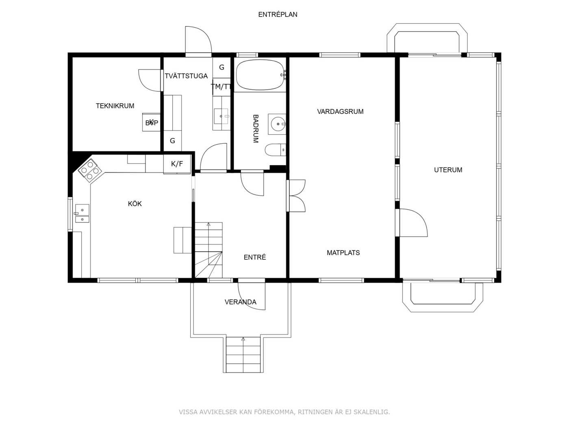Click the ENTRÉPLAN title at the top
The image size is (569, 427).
[278, 15]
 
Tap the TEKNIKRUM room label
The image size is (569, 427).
[115, 106]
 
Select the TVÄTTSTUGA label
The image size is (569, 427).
[186, 76]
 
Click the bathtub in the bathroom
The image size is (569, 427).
[260, 75]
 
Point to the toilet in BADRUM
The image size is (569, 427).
[275, 150]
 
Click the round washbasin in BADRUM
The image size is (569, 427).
[278, 124]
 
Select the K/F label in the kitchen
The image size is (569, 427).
[177, 164]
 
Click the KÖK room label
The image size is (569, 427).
[135, 204]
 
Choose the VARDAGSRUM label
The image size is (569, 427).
[340, 111]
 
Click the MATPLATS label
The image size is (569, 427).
[343, 253]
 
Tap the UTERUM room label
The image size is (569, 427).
[448, 170]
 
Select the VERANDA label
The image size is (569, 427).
[240, 302]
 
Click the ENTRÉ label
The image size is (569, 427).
[254, 257]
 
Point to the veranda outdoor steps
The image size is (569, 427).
[243, 355]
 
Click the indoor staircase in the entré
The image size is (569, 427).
[208, 250]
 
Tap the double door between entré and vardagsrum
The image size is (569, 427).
[297, 196]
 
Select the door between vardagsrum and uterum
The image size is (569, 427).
[413, 223]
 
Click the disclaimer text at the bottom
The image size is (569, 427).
[284, 412]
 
